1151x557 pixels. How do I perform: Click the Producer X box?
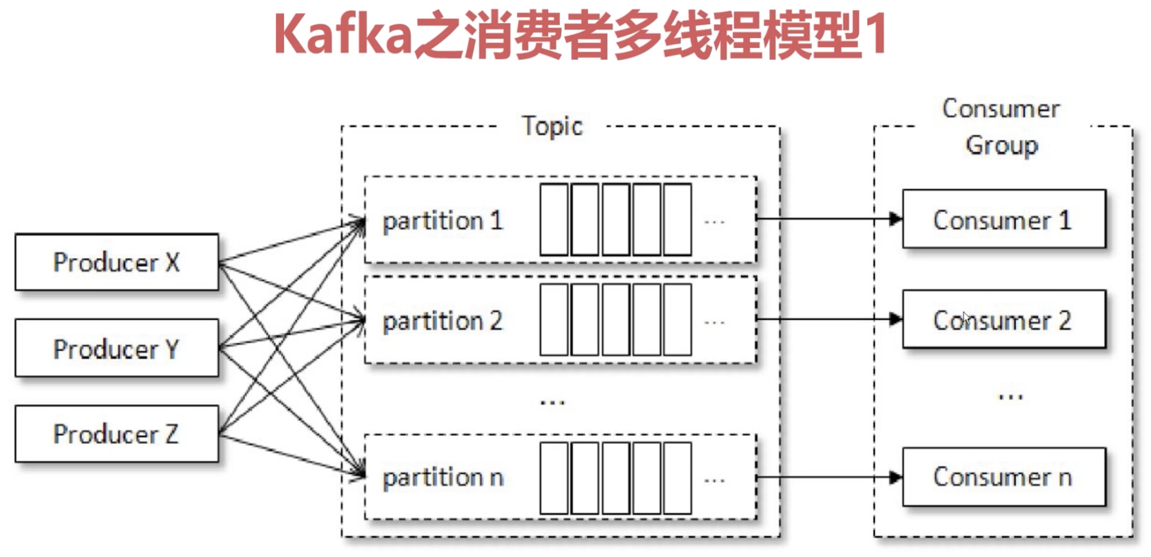coord(116,262)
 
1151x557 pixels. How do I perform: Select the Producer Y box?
coord(116,348)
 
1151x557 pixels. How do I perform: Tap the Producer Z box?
coord(116,434)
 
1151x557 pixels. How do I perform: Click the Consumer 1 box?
coord(1004,220)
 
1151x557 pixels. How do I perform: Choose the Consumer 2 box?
coord(1004,320)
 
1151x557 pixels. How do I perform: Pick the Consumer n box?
coord(1004,477)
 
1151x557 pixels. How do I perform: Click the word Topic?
coord(552,126)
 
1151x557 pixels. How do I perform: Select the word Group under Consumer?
coord(1002,145)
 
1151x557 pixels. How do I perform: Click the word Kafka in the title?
coord(343,35)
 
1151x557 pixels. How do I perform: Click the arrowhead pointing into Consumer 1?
coord(895,219)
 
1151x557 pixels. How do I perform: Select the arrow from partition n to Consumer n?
coord(827,478)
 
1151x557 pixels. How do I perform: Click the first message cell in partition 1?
coord(554,220)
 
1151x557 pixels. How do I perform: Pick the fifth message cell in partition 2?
coord(678,320)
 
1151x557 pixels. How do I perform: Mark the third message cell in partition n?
coord(616,478)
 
